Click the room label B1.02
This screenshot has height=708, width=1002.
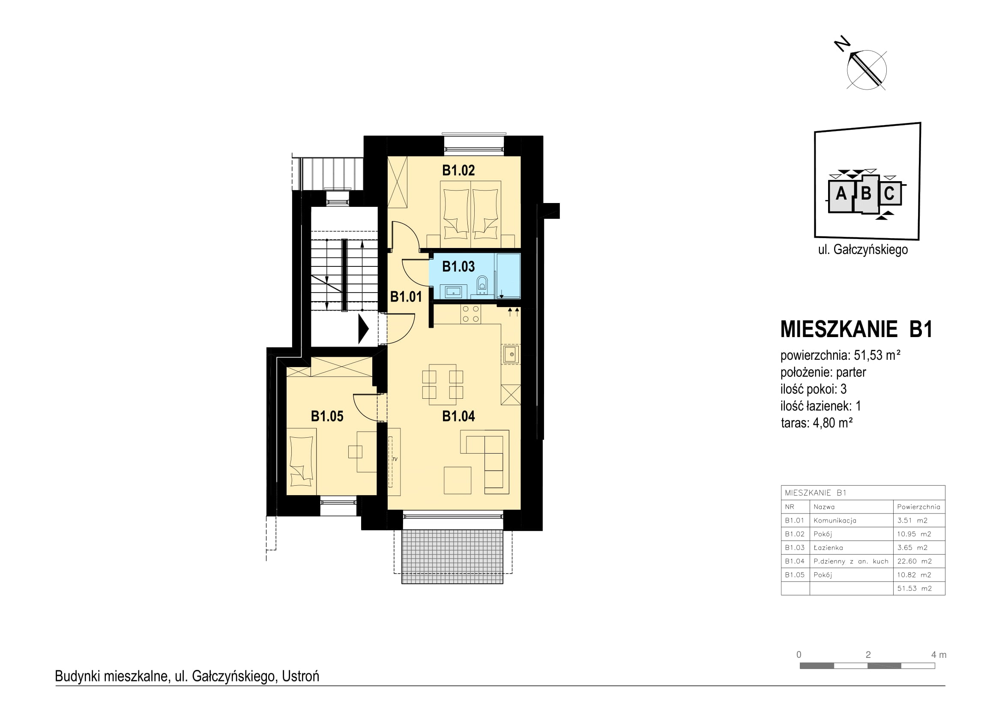coord(458,170)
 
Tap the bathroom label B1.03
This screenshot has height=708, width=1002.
coord(458,266)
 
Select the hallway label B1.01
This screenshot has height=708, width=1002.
coord(406,297)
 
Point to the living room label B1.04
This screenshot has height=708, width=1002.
coord(458,416)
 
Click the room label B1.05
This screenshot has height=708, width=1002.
coord(327,416)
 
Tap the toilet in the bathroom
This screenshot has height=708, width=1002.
coord(482,285)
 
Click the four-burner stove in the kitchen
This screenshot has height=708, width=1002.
coord(471,314)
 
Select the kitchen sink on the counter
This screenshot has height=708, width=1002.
coord(511,354)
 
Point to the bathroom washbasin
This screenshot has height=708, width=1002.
coord(453,291)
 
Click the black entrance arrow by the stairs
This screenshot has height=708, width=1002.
coord(364,329)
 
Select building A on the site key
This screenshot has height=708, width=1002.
coord(840,194)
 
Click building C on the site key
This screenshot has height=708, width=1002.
coord(889,193)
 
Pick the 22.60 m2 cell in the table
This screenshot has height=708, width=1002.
coord(914,561)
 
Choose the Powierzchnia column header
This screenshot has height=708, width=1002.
coord(918,507)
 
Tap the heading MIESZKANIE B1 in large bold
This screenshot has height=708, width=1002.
coord(856,329)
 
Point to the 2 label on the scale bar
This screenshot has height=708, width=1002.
coord(868,655)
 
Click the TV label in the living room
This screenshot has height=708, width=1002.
coord(395,459)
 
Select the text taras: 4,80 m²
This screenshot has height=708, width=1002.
coord(817,423)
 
